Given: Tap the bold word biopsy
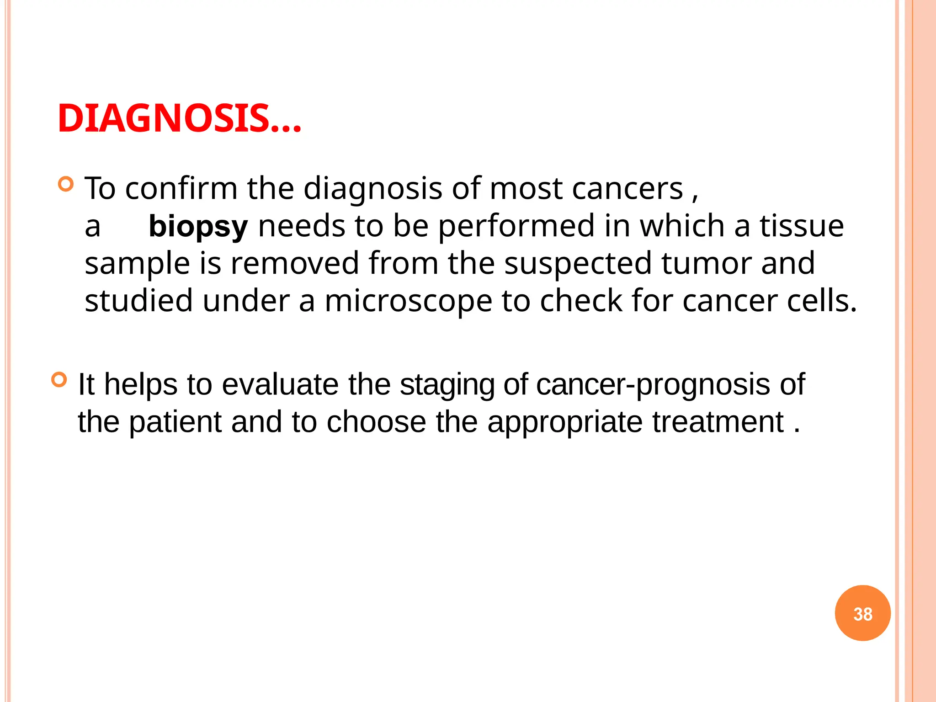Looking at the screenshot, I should click(x=198, y=227).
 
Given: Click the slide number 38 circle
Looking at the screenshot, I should click(x=862, y=613).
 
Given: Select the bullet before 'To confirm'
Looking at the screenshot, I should click(x=66, y=184).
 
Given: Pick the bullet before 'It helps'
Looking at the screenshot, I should click(x=59, y=380).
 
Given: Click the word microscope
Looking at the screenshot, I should click(x=408, y=302).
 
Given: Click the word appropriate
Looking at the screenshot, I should click(x=565, y=422).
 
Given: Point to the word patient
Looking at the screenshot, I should click(x=175, y=421).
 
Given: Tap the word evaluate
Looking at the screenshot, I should click(x=280, y=384).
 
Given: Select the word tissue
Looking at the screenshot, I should click(x=802, y=226).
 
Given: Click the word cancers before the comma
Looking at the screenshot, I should click(x=627, y=188).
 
